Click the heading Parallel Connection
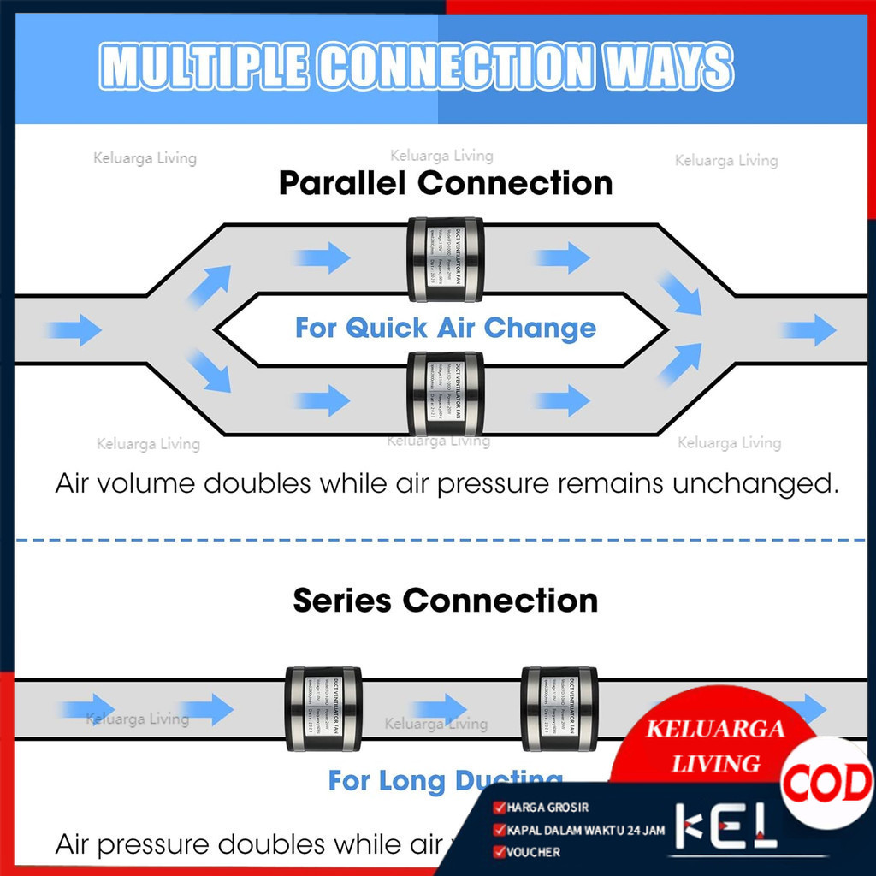[x=446, y=184]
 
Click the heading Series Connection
[x=446, y=601]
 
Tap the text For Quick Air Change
[x=446, y=328]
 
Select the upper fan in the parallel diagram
[x=446, y=259]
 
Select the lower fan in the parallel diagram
[x=446, y=394]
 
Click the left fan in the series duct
[x=323, y=709]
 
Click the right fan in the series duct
[x=560, y=709]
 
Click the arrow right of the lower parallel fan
[x=562, y=400]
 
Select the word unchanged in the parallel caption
[x=752, y=484]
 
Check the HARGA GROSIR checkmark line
[x=542, y=807]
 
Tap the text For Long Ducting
[x=445, y=780]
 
